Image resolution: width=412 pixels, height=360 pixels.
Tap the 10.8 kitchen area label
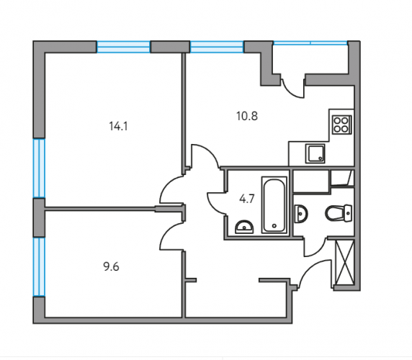247,116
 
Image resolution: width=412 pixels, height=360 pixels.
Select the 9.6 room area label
111,267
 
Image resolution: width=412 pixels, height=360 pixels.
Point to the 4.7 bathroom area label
247,199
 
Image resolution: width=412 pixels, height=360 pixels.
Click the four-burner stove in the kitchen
342,125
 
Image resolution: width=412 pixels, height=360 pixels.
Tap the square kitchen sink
315,153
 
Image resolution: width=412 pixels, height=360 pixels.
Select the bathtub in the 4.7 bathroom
274,204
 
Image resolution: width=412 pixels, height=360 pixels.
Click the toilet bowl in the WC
338,213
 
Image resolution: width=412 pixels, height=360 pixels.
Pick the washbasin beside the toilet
301,213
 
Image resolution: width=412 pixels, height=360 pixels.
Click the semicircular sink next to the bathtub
244,227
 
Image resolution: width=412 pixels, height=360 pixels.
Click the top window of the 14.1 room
123,47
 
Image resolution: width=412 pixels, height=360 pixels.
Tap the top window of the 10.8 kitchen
217,47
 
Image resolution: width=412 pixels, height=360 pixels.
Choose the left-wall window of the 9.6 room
39,267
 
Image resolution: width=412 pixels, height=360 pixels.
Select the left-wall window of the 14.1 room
39,168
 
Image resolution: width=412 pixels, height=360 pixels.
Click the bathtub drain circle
274,225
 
